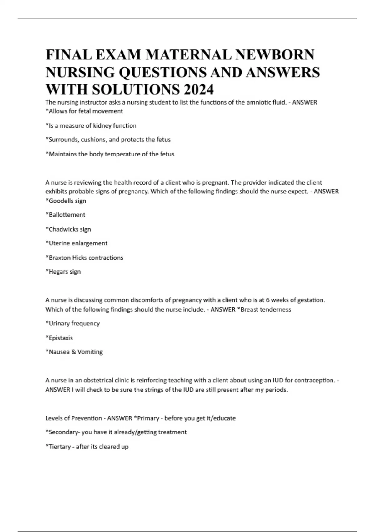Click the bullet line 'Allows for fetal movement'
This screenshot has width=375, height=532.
coord(84,111)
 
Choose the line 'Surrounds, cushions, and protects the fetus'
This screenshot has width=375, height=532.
coord(108,140)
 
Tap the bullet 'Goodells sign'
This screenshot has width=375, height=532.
coord(66,201)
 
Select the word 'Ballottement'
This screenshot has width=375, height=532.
coord(67,215)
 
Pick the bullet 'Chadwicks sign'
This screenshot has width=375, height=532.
coord(68,229)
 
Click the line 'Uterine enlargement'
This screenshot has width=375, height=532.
coord(77,243)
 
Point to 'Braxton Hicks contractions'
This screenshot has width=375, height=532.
coord(84,258)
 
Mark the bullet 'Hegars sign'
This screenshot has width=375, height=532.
coord(63,272)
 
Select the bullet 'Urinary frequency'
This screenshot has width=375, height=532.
coord(73,323)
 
